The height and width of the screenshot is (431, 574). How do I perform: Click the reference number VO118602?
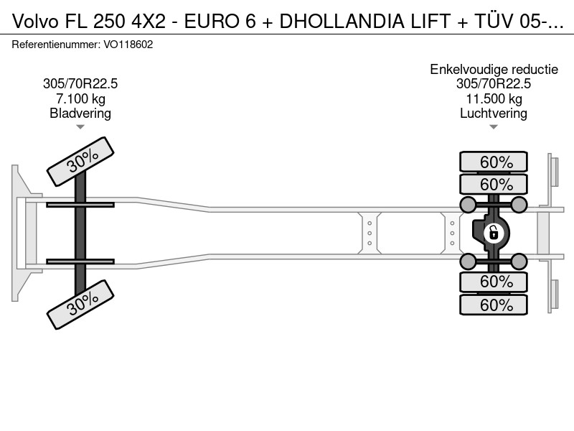click(128, 45)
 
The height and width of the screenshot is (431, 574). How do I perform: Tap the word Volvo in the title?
click(35, 22)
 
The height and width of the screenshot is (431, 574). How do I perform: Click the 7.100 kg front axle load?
click(80, 98)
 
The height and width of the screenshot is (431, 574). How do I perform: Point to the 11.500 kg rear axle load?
click(494, 98)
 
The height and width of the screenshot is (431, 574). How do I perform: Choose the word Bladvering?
click(80, 113)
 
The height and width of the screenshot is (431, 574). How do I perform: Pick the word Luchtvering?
click(494, 113)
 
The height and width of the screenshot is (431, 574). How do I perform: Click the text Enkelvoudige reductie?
click(494, 69)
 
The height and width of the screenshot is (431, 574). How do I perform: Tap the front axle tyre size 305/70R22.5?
click(80, 84)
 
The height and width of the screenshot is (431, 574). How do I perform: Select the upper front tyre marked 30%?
click(80, 162)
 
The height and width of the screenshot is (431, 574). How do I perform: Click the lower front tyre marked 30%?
click(80, 305)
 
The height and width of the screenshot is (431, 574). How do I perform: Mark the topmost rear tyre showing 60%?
click(494, 162)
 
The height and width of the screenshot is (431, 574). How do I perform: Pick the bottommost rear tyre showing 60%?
click(494, 305)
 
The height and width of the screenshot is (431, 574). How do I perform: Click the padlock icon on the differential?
click(494, 233)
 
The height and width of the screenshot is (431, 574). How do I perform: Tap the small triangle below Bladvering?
click(80, 127)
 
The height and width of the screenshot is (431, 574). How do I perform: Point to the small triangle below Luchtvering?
click(494, 127)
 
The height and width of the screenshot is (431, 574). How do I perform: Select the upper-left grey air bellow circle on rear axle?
click(468, 205)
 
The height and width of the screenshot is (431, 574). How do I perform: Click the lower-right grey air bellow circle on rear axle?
click(519, 261)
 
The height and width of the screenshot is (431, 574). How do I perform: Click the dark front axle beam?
click(80, 233)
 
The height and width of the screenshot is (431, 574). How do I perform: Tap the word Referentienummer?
click(56, 45)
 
